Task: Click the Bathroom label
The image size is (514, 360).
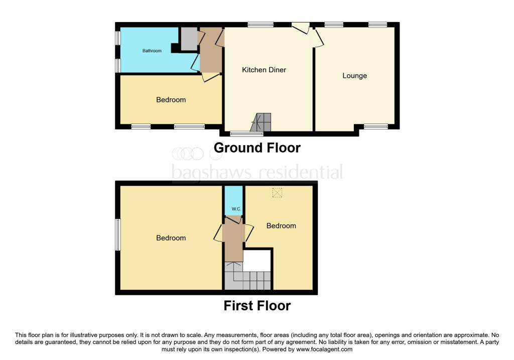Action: click(152, 51)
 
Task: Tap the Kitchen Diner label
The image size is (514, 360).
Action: click(264, 70)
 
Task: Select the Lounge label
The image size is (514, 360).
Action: click(354, 76)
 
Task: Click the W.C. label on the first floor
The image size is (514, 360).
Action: click(233, 209)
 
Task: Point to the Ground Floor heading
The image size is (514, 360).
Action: click(257, 148)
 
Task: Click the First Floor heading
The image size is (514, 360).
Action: click(257, 305)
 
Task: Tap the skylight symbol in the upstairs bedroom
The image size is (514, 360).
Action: click(277, 192)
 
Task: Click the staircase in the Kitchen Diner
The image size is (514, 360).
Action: click(262, 123)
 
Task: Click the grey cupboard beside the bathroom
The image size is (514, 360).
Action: click(189, 39)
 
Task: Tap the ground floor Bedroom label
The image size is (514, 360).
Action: click(171, 100)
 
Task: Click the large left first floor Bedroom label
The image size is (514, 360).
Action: click(171, 238)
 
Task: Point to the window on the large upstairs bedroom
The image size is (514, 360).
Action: click(118, 234)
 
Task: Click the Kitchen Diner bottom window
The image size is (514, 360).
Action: click(246, 134)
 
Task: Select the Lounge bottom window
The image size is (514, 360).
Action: click(372, 127)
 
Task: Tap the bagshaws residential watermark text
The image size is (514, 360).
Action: click(257, 173)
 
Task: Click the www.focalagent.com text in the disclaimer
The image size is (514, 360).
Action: click(324, 349)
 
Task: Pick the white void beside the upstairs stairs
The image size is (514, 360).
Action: click(258, 260)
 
